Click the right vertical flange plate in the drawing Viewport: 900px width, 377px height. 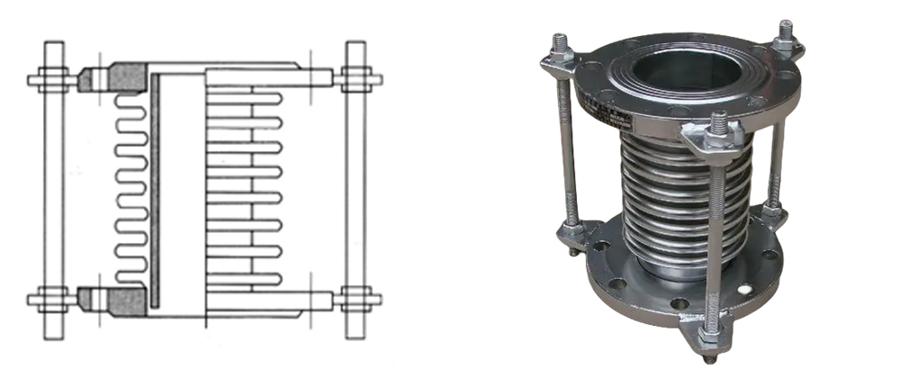click(355, 189)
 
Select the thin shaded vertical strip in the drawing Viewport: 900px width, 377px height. click(155, 189)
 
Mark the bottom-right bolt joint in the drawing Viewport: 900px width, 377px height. click(356, 299)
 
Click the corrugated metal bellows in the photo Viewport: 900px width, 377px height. click(684, 198)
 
